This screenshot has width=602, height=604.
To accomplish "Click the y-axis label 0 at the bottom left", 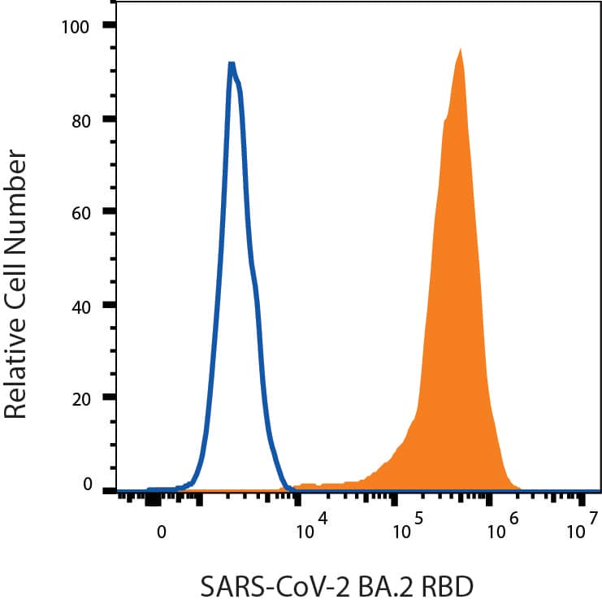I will [85, 485].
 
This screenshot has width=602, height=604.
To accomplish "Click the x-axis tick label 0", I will [162, 532].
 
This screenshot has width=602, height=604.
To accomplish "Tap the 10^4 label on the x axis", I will [312, 528].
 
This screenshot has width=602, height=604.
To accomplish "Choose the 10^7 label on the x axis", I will [582, 528].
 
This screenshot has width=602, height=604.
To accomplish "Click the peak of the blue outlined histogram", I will [232, 64].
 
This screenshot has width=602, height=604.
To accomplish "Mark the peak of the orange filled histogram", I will [461, 50].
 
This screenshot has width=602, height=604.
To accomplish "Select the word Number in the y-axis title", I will [15, 196].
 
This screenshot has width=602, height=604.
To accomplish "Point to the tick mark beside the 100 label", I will [108, 26].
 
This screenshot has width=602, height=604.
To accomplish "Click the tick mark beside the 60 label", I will [108, 213].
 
